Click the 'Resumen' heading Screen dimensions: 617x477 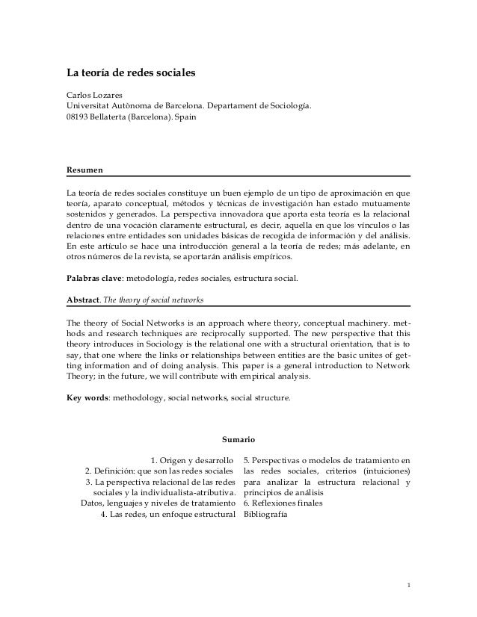84,170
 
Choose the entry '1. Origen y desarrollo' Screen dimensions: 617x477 192,458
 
